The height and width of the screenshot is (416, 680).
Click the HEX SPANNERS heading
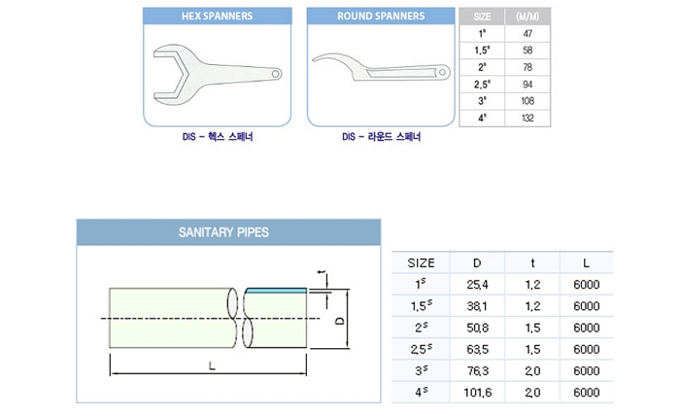coord(218,17)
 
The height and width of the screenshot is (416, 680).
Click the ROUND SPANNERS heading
coord(381,17)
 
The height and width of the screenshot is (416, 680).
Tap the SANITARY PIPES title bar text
coord(223,233)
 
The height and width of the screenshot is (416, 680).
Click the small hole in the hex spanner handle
coord(276,72)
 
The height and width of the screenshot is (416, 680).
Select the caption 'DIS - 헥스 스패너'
coord(218,138)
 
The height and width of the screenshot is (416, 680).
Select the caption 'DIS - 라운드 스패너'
coord(382,138)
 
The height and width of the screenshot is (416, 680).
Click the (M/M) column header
coord(527,17)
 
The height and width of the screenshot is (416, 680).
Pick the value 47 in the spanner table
coord(527,33)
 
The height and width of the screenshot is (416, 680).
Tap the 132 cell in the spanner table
coord(527,118)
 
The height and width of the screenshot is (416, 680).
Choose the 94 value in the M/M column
coord(527,85)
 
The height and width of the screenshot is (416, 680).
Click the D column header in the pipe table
coord(476,262)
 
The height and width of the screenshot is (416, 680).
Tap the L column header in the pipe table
coord(587,262)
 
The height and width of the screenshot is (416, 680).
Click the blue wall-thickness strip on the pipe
coord(277,289)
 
